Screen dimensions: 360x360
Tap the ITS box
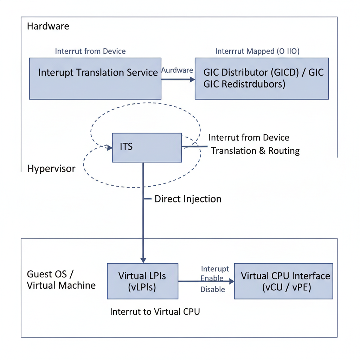147,148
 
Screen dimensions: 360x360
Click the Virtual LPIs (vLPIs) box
142,281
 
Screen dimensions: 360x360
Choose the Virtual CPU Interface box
283,281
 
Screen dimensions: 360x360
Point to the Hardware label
48,26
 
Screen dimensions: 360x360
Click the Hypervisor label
51,169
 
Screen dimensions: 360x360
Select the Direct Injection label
188,199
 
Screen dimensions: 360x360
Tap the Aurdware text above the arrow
177,70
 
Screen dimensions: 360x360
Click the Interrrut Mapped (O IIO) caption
257,51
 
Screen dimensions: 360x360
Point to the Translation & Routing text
255,151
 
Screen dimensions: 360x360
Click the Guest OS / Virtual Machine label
61,280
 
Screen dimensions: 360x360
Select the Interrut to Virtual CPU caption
155,312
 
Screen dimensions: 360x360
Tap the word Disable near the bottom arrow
213,290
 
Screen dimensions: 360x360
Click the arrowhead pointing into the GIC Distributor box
192,79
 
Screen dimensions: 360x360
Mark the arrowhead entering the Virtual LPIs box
143,260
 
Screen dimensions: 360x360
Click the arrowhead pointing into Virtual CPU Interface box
231,281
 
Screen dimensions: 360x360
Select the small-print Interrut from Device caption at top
90,51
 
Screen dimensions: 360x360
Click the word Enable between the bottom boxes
212,279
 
